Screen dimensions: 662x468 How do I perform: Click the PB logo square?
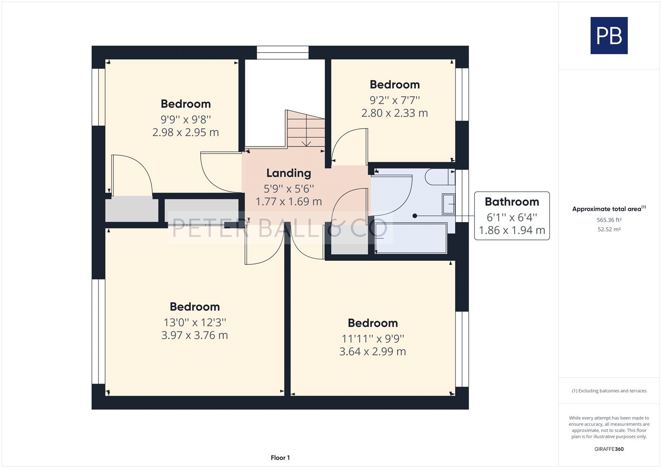tap(609, 36)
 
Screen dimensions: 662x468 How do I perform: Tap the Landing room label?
tap(289, 173)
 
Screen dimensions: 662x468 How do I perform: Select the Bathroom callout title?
tap(512, 202)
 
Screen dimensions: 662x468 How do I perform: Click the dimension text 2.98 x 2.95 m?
tap(186, 132)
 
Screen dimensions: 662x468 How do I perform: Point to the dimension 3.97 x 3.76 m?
tap(194, 335)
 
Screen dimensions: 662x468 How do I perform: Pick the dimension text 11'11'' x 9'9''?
tap(373, 338)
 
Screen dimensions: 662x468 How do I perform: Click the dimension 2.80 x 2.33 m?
tap(395, 113)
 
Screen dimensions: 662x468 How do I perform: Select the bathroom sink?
tap(449, 204)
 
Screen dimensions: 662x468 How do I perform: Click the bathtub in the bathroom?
tap(411, 238)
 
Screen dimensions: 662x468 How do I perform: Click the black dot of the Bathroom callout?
tap(415, 216)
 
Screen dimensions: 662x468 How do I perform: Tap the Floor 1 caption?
tap(280, 458)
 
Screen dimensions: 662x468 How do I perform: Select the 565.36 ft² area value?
tap(609, 220)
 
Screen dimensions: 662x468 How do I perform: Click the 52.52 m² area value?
tap(609, 229)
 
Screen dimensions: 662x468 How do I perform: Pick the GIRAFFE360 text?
tap(609, 449)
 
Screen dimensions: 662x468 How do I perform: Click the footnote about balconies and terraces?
tap(609, 391)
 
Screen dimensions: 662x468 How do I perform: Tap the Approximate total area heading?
tap(609, 209)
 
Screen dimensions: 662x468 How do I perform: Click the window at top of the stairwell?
tap(283, 52)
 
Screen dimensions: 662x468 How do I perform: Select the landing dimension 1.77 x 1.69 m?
tap(289, 202)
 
